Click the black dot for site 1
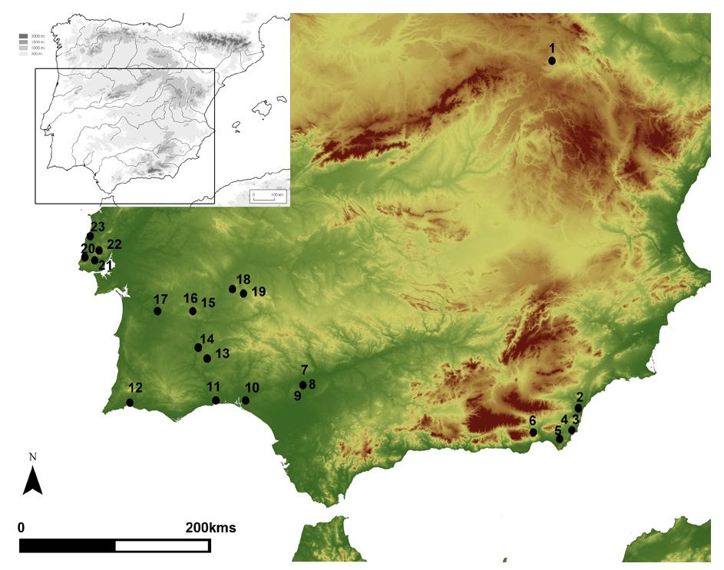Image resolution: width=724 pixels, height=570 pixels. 552,61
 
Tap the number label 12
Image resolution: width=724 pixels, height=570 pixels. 135,388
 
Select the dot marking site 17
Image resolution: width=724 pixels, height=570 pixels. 157,311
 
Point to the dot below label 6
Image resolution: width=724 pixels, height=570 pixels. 534,432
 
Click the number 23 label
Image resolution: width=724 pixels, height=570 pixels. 98,227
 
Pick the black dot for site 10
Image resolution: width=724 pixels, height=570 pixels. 246,400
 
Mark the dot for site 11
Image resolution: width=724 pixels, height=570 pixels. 216,400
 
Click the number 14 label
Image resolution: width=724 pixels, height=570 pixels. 207,339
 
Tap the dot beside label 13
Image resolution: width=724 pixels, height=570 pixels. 207,358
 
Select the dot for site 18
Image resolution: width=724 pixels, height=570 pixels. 233,289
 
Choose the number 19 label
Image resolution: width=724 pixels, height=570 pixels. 258,291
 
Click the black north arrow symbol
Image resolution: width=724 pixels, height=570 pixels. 32,482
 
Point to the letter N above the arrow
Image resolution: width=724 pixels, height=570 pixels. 32,456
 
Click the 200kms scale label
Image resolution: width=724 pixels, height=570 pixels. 210,528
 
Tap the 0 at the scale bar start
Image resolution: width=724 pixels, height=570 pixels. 21,528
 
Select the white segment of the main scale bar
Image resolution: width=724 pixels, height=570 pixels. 162,545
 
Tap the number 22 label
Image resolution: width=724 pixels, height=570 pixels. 114,244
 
